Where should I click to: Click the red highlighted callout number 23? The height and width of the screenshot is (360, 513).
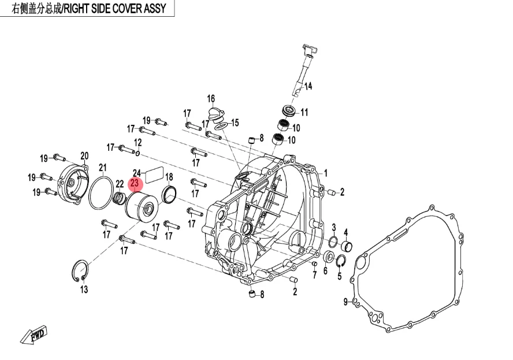click(135, 184)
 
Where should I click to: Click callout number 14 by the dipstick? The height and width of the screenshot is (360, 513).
click(308, 86)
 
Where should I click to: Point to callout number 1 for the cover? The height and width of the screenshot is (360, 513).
click(325, 173)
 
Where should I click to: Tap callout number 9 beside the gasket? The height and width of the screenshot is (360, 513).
click(345, 302)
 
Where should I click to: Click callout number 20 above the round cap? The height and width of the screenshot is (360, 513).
click(84, 155)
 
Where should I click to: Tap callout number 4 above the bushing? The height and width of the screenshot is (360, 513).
click(346, 232)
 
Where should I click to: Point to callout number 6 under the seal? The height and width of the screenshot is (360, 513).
click(325, 270)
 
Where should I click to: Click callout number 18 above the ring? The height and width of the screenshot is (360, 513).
click(169, 177)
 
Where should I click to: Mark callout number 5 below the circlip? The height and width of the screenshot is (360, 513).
click(339, 276)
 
